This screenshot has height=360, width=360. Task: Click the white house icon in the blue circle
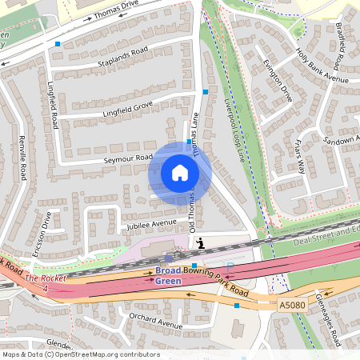click(180, 173)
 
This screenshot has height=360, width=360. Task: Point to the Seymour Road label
click(127, 158)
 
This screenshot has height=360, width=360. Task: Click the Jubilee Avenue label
click(150, 222)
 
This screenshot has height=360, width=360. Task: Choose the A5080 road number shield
click(292, 305)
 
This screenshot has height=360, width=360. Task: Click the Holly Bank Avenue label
click(322, 67)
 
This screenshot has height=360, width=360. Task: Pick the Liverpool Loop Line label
click(234, 133)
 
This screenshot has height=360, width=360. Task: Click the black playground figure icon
click(201, 243)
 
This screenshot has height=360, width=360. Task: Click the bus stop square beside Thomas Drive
click(58, 44)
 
